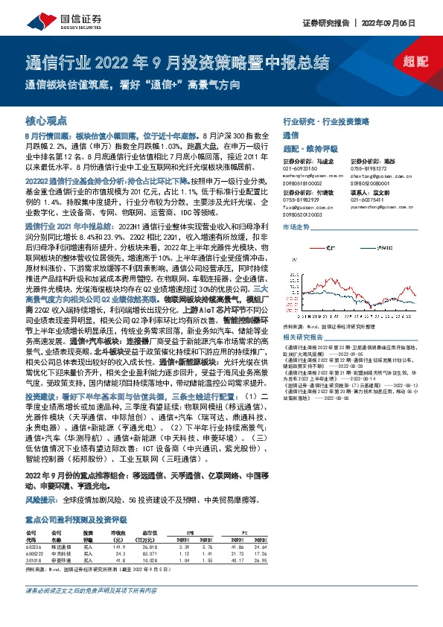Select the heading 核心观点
(46, 121)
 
